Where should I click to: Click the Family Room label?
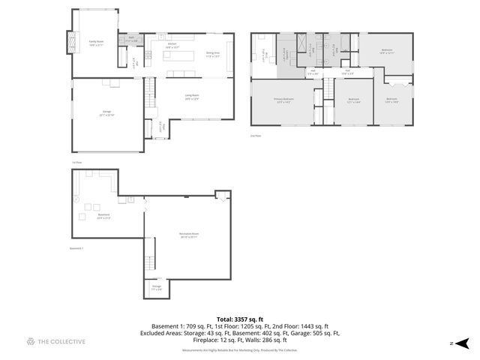point(96,43)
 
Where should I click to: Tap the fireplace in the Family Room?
point(73,42)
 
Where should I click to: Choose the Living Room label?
point(192,96)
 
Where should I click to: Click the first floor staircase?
point(151,93)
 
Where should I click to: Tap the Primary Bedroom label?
point(283,100)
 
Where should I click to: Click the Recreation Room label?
point(188,236)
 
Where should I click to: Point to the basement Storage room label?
point(157,287)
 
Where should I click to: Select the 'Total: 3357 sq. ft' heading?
point(239,319)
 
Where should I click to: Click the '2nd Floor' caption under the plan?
point(255,136)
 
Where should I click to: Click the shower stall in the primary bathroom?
point(285,54)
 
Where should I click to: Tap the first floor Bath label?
point(130,37)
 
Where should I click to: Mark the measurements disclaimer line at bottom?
point(239,349)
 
